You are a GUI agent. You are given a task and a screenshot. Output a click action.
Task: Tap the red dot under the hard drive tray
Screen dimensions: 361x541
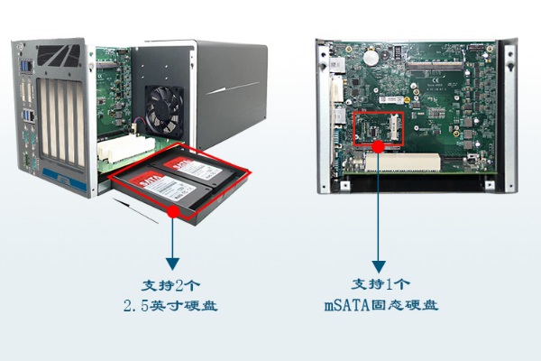point(172,211)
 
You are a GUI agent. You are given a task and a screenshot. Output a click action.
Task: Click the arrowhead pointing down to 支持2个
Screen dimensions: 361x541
point(172,262)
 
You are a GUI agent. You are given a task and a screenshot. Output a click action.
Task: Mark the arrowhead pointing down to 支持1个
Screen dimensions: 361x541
point(378,262)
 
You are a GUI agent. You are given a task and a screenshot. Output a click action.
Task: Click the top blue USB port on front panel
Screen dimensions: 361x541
point(29,66)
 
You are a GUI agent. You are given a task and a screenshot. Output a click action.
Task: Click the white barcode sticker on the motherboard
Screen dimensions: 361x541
point(387,97)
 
